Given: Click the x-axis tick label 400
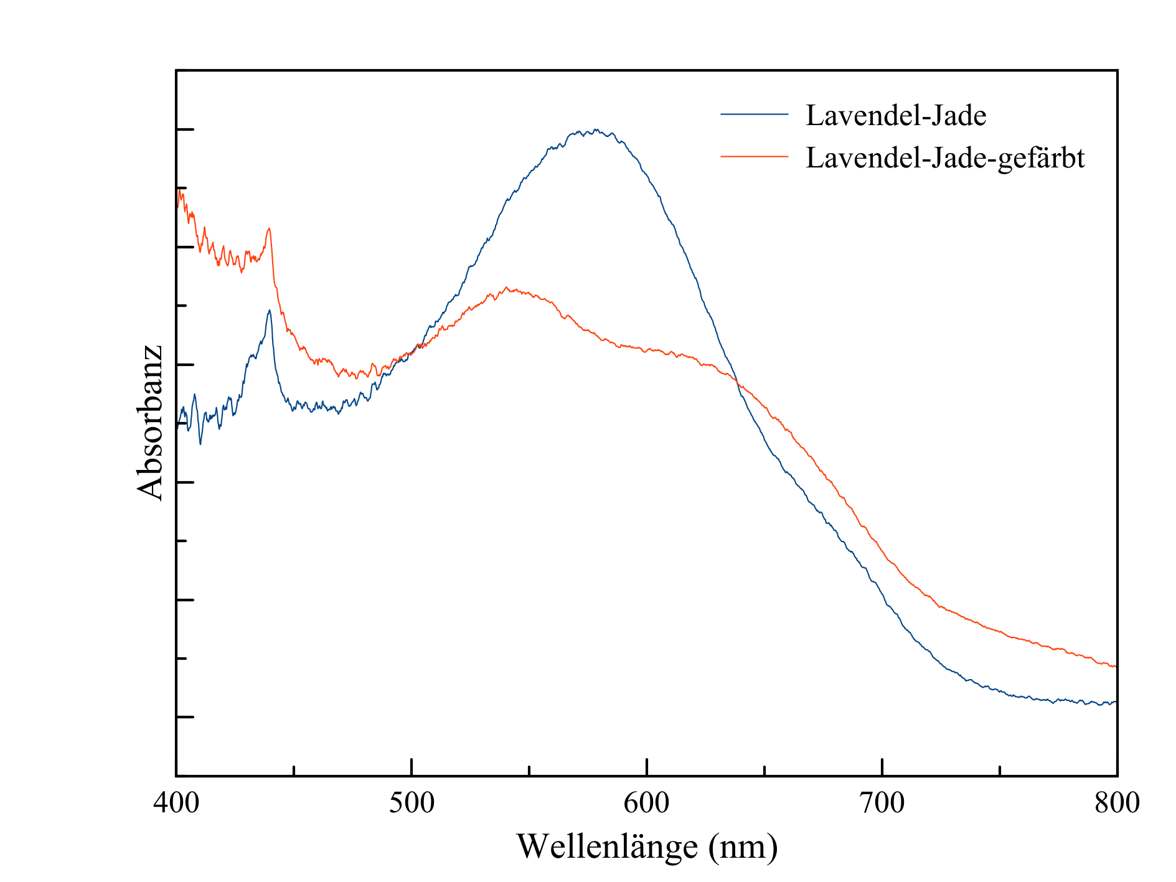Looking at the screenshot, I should coord(176,804).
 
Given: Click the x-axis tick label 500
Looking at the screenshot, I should coord(412,804).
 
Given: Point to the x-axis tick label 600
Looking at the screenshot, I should coord(647,804).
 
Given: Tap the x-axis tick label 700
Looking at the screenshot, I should coord(882,804).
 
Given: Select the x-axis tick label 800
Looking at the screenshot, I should coord(1117,804).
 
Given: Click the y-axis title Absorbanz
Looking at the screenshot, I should coord(150,423).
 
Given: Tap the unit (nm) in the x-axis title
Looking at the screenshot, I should coord(743,847).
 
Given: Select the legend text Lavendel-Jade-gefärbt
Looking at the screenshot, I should coord(944,158).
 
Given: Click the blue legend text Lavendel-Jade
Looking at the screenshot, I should coord(896,116).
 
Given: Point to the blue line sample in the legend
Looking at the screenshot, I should coord(754,115).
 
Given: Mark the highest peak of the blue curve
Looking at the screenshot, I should coord(596,130).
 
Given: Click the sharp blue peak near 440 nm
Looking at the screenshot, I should coord(269,311).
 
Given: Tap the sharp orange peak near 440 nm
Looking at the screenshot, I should coord(269,228).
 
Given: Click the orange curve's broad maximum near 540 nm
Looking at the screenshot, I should coord(507,288).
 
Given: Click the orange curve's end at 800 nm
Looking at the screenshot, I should coord(1115,667).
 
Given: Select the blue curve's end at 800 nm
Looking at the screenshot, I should coord(1115,702).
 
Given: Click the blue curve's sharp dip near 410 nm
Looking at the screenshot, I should coord(200,443).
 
